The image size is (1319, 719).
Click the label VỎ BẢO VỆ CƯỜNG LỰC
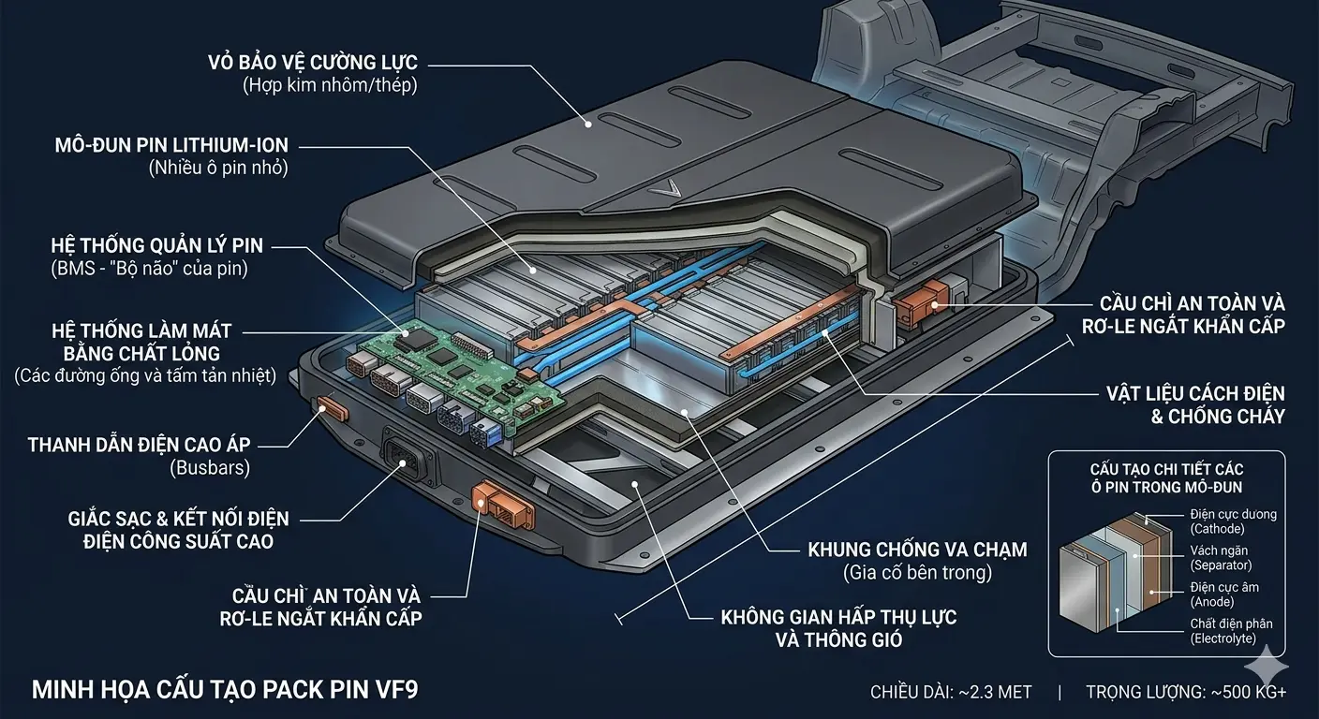tap(313, 64)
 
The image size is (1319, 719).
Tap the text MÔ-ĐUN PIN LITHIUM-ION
tap(171, 146)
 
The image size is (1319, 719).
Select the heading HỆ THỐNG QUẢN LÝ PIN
tap(157, 246)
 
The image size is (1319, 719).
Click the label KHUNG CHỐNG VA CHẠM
tap(917, 550)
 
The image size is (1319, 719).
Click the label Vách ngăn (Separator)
tap(1221, 558)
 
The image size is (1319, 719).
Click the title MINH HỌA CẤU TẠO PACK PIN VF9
tap(226, 691)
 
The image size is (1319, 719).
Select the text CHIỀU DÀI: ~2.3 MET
tap(951, 692)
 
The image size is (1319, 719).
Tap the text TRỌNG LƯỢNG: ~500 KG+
tap(1186, 692)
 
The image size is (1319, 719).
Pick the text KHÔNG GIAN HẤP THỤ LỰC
tap(838, 618)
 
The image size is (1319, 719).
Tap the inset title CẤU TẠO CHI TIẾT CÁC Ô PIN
tap(1166, 476)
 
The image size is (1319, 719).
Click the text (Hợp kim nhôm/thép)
tap(329, 86)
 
